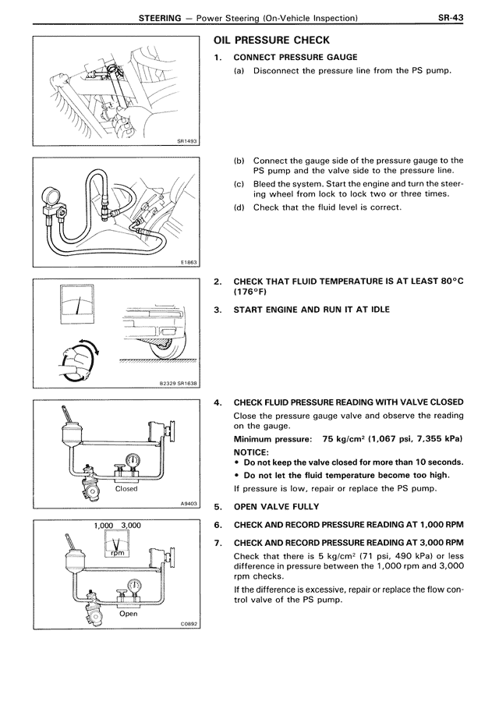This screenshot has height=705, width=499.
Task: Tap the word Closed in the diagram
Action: click(x=126, y=489)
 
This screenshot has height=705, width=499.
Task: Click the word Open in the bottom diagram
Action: click(x=128, y=613)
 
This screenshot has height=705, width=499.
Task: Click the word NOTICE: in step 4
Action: click(x=251, y=452)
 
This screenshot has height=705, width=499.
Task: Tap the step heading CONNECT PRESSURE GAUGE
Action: click(x=296, y=57)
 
